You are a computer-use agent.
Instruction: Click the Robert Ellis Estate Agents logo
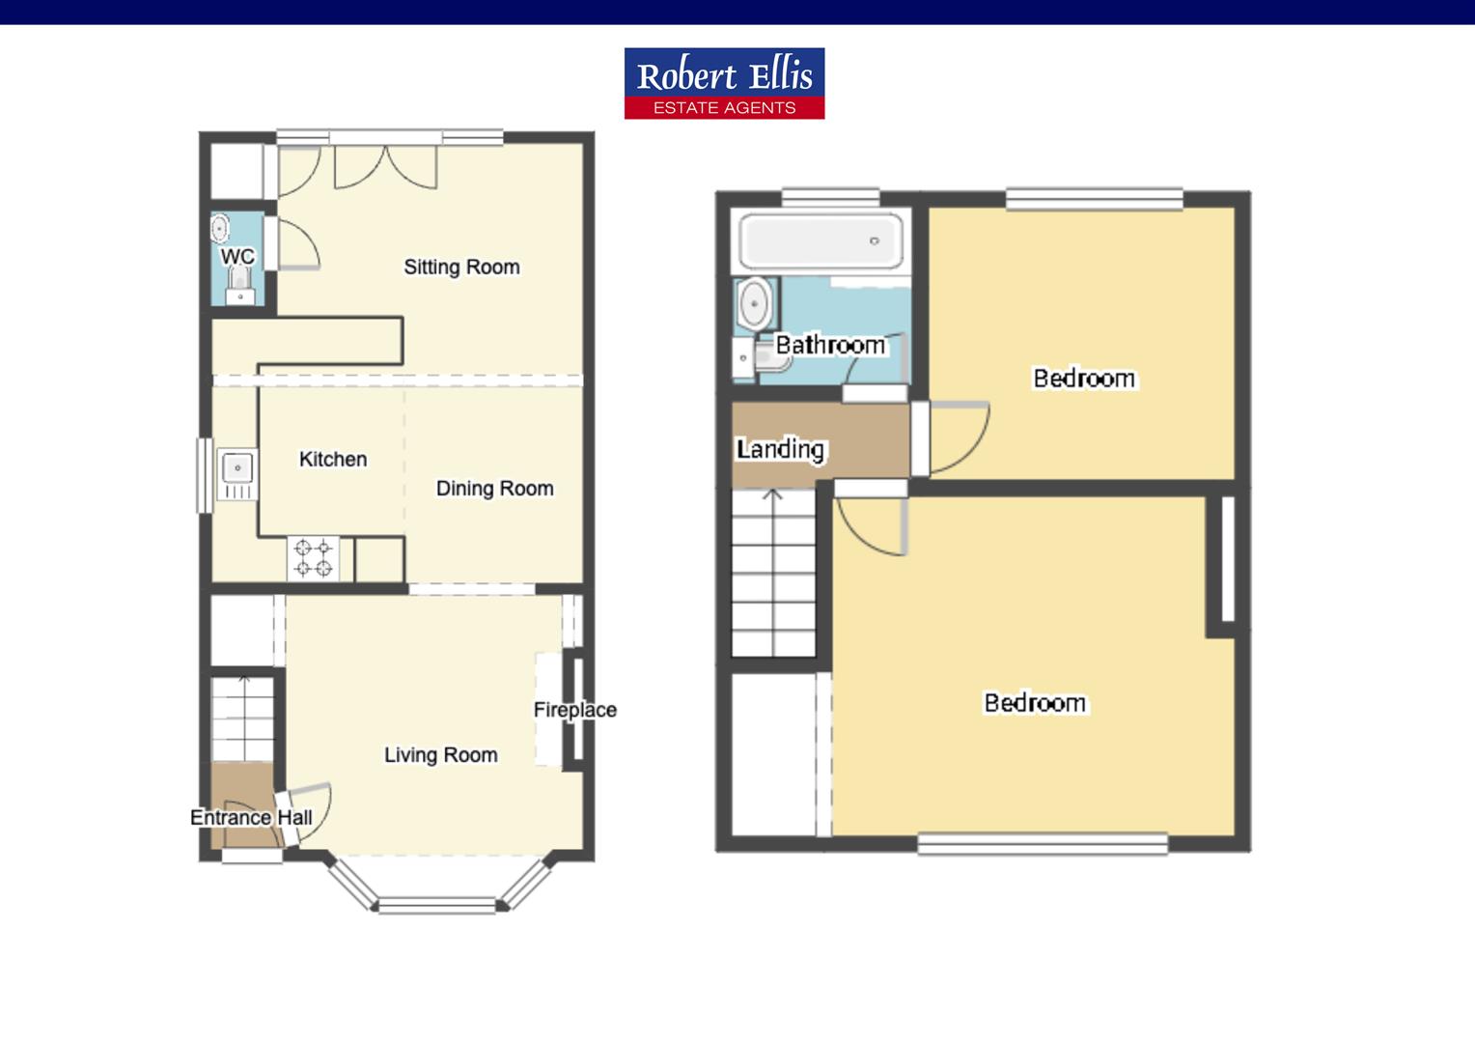tap(724, 83)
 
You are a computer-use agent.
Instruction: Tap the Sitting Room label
tap(461, 267)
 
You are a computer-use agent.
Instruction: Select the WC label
tap(237, 256)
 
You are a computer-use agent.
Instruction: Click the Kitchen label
tap(333, 460)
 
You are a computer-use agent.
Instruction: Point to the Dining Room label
tap(494, 489)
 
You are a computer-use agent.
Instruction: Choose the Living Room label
tap(440, 755)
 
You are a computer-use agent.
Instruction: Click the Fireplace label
tap(575, 710)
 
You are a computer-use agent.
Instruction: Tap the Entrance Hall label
tap(251, 818)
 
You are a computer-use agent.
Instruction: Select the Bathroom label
tap(830, 345)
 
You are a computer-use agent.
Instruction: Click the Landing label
tap(780, 449)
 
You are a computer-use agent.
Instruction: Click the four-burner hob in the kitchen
tap(314, 558)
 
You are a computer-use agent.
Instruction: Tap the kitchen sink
tap(237, 474)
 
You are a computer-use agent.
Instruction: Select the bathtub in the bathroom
tap(821, 241)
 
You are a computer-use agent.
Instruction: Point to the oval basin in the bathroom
tap(753, 304)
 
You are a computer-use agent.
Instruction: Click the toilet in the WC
tap(239, 286)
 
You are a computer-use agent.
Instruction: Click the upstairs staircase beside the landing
tap(774, 573)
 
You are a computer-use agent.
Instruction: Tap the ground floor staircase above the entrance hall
tap(242, 719)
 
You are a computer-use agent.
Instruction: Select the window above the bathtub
tap(830, 197)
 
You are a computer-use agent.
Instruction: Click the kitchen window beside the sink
tap(205, 475)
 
